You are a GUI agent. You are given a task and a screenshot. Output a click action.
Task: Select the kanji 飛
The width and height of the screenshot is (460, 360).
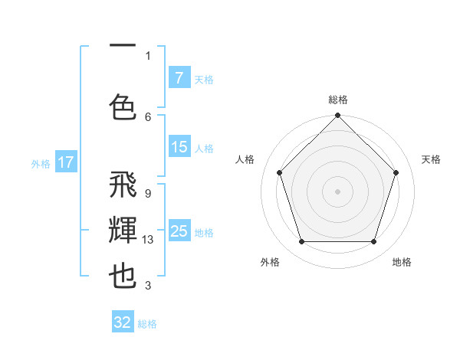123,185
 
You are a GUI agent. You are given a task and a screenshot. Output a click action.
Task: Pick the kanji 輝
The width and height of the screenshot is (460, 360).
123,231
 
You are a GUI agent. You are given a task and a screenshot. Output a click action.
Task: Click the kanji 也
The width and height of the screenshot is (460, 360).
123,277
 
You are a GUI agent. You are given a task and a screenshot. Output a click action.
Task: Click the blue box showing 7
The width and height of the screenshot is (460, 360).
179,78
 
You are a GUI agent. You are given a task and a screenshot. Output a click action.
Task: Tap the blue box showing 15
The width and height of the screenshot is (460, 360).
179,148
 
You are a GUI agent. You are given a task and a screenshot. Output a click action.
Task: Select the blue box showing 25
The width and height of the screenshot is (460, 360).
179,231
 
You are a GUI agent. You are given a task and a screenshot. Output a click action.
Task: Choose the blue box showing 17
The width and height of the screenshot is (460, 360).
66,162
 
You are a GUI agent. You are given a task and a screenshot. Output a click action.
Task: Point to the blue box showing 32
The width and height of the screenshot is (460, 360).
123,322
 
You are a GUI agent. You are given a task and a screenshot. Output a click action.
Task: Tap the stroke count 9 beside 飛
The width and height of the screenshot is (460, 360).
147,194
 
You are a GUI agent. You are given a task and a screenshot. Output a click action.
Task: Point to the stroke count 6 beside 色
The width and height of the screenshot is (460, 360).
148,116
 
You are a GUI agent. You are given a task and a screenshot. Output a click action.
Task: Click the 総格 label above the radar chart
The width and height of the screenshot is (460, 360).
337,100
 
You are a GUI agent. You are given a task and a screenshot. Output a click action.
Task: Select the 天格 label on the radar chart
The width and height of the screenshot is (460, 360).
431,159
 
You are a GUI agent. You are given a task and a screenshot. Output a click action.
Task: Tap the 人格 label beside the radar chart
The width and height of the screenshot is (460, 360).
245,159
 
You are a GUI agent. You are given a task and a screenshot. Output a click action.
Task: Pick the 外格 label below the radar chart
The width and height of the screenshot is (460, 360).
270,262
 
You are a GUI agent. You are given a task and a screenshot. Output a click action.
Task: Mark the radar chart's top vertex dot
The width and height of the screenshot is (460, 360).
337,116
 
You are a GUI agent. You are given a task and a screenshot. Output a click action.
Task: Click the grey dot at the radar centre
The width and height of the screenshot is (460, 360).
337,191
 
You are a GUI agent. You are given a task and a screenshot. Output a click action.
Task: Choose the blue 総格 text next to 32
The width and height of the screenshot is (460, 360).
147,324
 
